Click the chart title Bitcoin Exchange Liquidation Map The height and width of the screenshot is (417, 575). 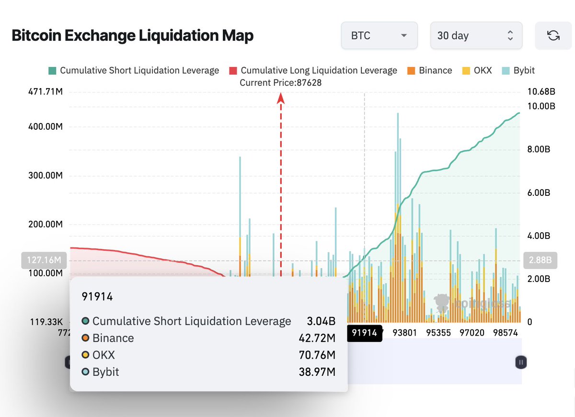pyautogui.click(x=132, y=35)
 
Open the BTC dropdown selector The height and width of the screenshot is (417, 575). pyautogui.click(x=379, y=36)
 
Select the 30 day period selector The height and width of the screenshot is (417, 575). pyautogui.click(x=476, y=36)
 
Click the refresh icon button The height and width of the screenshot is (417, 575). pyautogui.click(x=553, y=36)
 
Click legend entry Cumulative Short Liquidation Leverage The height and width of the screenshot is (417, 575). pyautogui.click(x=134, y=70)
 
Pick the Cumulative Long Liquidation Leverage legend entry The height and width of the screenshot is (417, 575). pyautogui.click(x=313, y=70)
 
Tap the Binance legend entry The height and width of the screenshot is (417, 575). pyautogui.click(x=429, y=70)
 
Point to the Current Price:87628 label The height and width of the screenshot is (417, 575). pyautogui.click(x=280, y=83)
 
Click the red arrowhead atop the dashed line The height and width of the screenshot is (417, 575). pyautogui.click(x=281, y=98)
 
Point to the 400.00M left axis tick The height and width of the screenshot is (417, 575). pyautogui.click(x=46, y=127)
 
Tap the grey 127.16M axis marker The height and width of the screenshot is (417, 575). pyautogui.click(x=44, y=260)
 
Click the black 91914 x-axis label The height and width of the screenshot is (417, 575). pyautogui.click(x=365, y=333)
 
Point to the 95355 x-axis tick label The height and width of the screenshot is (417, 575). pyautogui.click(x=438, y=333)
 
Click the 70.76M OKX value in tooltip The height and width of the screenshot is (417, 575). pyautogui.click(x=316, y=355)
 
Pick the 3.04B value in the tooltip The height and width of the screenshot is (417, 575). pyautogui.click(x=321, y=321)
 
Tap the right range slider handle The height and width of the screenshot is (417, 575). pyautogui.click(x=521, y=362)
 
